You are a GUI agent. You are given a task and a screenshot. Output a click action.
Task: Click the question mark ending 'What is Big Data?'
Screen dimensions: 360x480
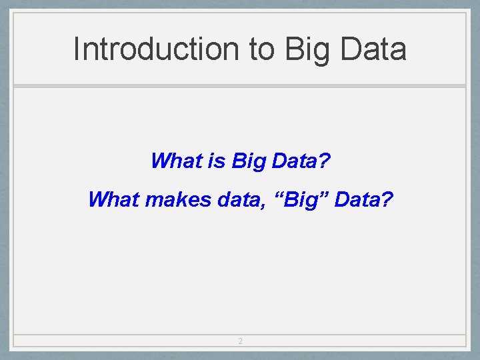(x=325, y=161)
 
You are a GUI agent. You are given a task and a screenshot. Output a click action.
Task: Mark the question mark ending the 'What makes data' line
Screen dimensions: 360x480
(x=388, y=199)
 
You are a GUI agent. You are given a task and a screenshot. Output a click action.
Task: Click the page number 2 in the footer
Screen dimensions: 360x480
(x=240, y=341)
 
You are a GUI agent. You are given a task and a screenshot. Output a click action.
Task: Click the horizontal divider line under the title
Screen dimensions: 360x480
(x=240, y=85)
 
